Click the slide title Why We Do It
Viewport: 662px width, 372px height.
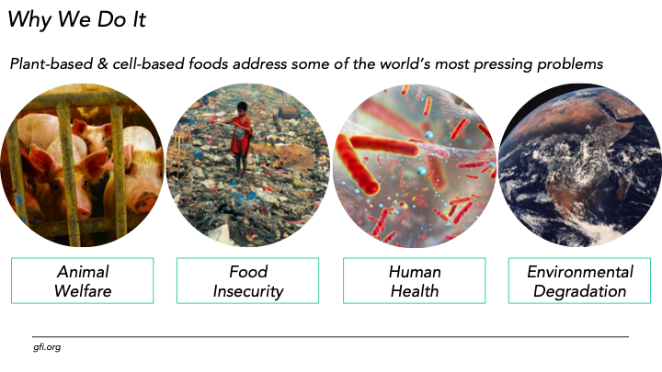pyautogui.click(x=76, y=20)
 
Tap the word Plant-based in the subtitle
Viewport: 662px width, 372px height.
pyautogui.click(x=51, y=64)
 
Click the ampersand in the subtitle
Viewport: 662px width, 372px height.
pyautogui.click(x=103, y=64)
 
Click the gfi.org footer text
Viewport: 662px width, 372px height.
pyautogui.click(x=47, y=347)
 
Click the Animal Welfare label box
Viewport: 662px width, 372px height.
pyautogui.click(x=83, y=280)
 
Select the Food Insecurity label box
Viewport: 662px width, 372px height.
pyautogui.click(x=248, y=280)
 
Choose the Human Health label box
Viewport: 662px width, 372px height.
pyautogui.click(x=414, y=280)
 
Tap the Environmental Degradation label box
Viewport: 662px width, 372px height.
pyautogui.click(x=579, y=280)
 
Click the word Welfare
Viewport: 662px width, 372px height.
pyautogui.click(x=83, y=291)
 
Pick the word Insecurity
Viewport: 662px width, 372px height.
pyautogui.click(x=248, y=291)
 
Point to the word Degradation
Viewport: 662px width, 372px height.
pyautogui.click(x=579, y=291)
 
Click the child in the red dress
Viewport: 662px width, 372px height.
pyautogui.click(x=240, y=137)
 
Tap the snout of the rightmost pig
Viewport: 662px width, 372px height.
pyautogui.click(x=141, y=203)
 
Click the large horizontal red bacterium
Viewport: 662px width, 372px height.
pyautogui.click(x=384, y=146)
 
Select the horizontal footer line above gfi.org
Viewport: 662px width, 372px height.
pyautogui.click(x=331, y=336)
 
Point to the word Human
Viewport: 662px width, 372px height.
pyautogui.click(x=415, y=272)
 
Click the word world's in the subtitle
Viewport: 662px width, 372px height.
pyautogui.click(x=405, y=64)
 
